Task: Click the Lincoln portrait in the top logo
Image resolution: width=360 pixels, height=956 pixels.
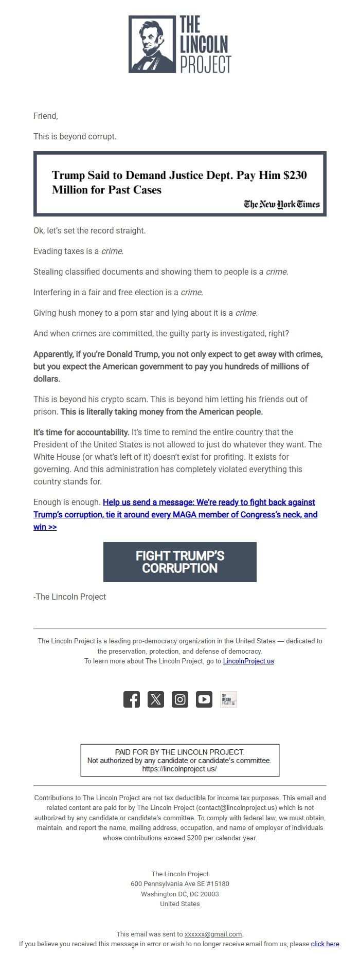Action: pos(151,44)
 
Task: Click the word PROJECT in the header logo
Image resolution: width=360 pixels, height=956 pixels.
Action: pos(205,64)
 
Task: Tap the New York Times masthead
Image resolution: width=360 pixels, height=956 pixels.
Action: pos(282,204)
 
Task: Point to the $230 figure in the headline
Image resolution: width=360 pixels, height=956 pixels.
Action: pos(295,175)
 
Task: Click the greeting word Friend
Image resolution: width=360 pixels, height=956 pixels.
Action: pos(45,116)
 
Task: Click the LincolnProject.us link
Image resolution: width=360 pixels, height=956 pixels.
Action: pos(248,661)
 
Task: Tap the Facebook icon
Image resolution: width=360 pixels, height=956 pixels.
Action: pos(132,699)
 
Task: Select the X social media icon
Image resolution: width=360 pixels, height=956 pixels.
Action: pos(156,699)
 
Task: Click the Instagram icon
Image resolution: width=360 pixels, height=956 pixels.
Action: pos(180,699)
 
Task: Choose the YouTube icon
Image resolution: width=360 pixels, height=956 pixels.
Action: pos(204,699)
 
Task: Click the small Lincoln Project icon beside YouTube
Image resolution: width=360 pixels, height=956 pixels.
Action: pos(228,699)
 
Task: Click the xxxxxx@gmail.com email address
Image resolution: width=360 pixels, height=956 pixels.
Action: pos(213,934)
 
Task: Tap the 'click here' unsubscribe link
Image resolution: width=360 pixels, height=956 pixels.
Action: pos(325,944)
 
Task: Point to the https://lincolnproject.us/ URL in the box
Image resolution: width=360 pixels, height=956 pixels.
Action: pos(179,769)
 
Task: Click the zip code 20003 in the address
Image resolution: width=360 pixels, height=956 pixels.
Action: pos(210,894)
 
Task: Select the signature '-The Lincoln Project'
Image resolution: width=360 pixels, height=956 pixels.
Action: pos(70,597)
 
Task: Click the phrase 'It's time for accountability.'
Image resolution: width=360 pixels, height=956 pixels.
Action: pos(81,432)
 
